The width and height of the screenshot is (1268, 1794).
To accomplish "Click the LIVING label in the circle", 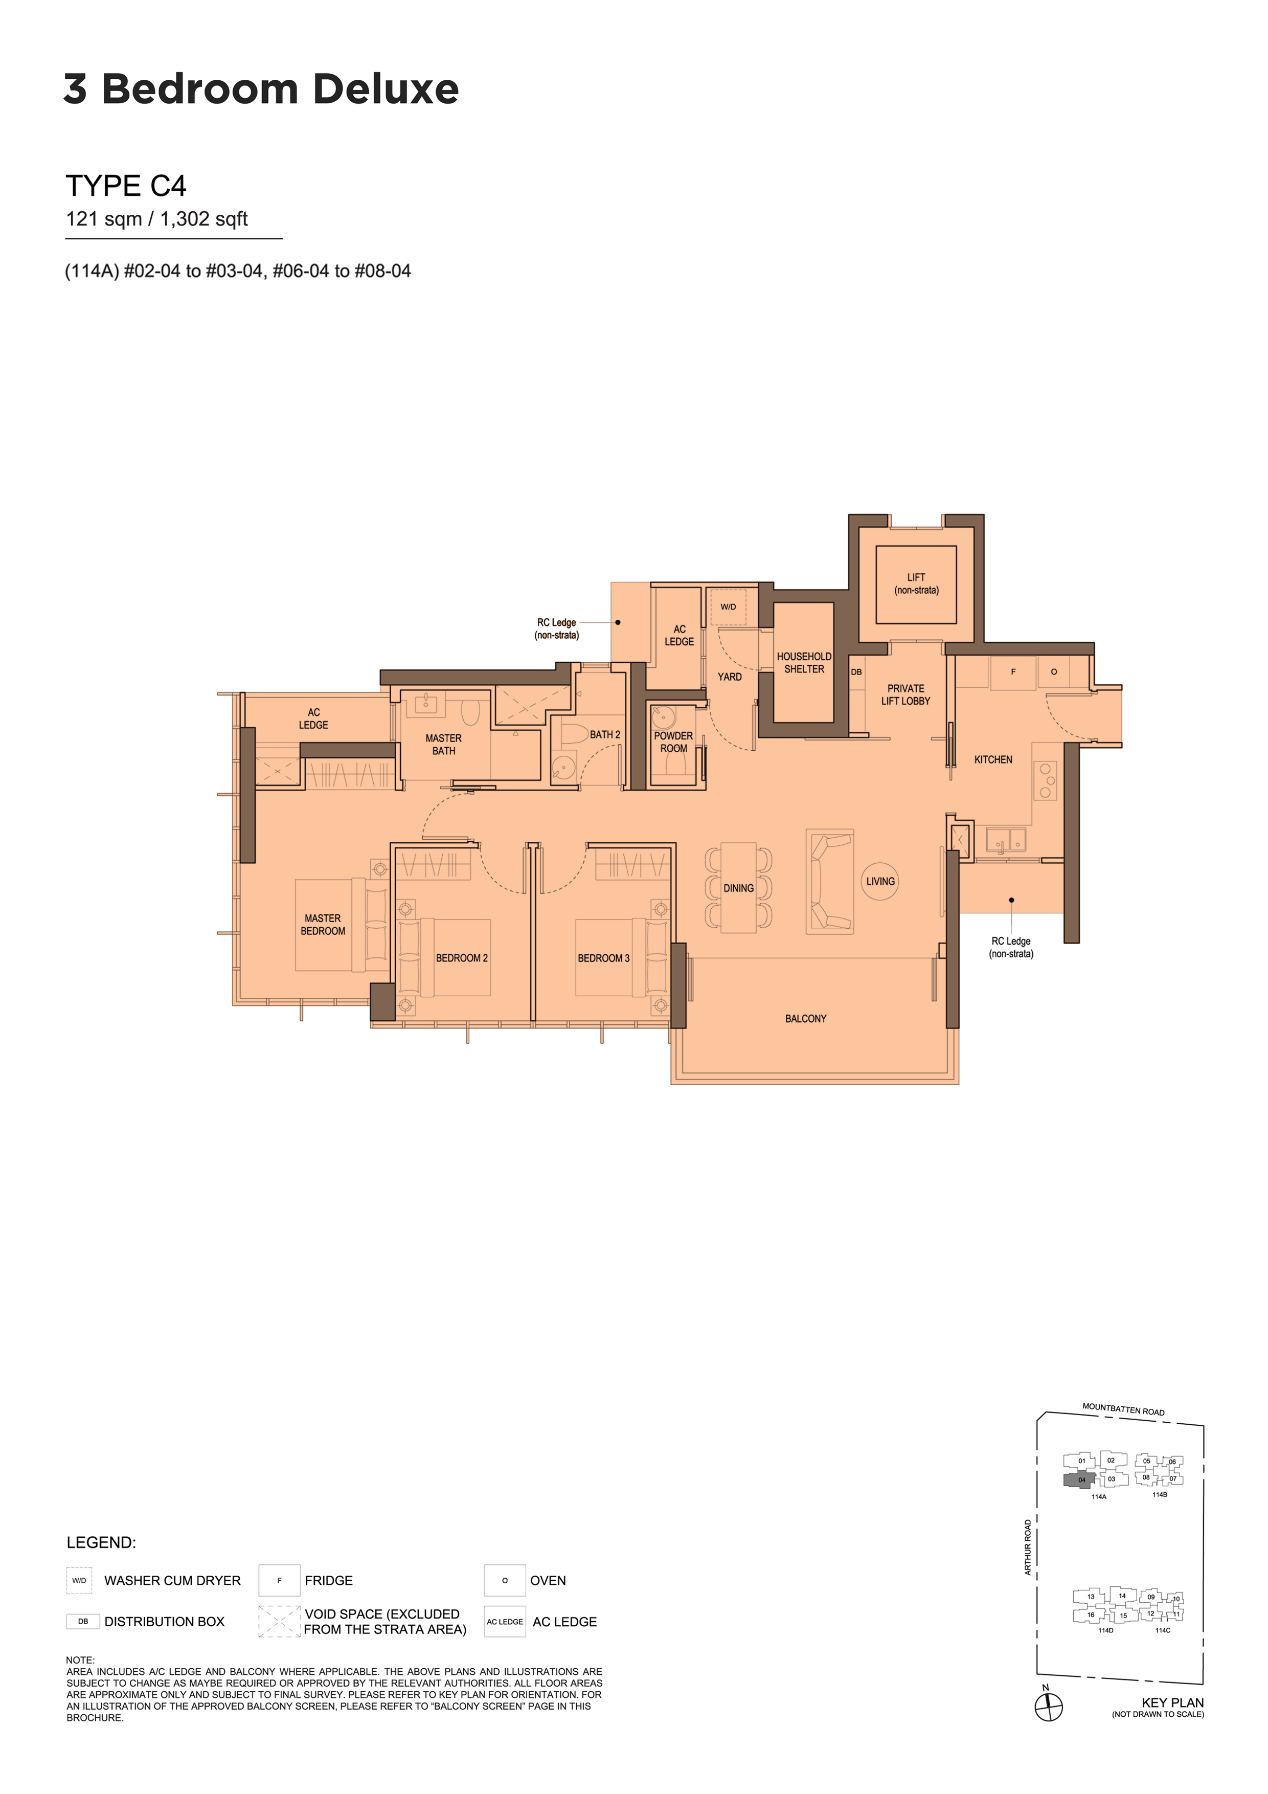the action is point(880,881).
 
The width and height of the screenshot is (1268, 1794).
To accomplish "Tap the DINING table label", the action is point(738,888).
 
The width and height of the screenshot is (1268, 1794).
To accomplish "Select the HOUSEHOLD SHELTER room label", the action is point(804,663).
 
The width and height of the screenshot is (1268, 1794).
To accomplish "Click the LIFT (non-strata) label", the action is point(916,584).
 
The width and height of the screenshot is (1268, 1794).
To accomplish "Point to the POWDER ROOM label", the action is point(673,742).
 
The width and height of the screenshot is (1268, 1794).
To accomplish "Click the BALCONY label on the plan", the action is point(805,1019).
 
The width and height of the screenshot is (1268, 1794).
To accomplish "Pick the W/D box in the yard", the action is point(728,607).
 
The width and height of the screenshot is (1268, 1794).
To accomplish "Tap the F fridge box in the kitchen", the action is point(1013,672).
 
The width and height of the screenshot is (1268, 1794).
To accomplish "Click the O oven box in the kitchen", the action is point(1054,672).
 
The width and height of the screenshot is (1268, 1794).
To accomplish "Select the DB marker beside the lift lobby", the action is point(856,672).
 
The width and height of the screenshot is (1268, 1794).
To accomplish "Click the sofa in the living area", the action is point(830,881).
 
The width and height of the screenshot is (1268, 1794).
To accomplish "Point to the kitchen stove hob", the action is point(1046,780).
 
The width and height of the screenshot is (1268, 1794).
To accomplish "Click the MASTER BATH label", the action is point(444,745).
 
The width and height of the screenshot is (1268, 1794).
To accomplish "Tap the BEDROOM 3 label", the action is point(603,958).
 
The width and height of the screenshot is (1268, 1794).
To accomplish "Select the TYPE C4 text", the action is point(126,186).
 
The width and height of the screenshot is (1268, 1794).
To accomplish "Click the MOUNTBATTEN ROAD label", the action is point(1123,1409).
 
